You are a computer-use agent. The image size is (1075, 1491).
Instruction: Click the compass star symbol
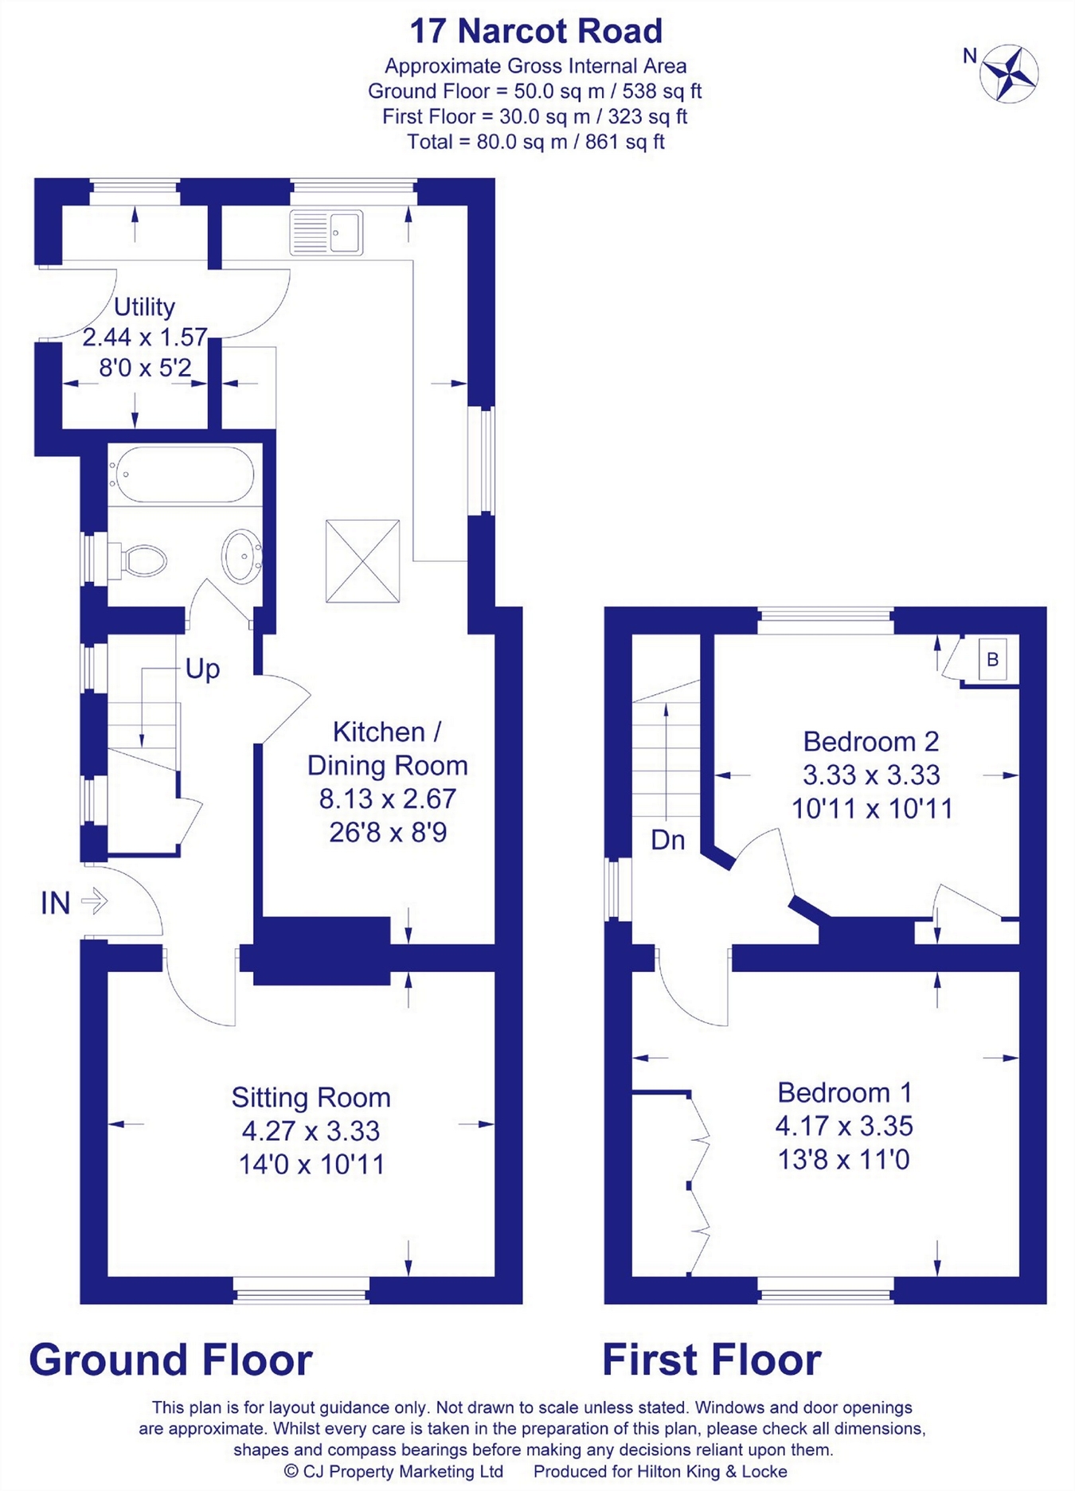tap(1009, 74)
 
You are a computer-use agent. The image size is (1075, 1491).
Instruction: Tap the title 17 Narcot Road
tap(536, 31)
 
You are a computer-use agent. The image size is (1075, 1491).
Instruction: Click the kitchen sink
tap(326, 232)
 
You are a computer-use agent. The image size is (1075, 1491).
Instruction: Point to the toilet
tap(137, 560)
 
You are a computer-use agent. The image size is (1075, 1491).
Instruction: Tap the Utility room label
tap(144, 306)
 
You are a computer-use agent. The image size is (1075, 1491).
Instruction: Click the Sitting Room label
tap(311, 1097)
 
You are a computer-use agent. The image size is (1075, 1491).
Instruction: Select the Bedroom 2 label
tap(871, 741)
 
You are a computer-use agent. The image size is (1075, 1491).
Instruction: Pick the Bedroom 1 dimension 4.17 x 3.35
tap(844, 1126)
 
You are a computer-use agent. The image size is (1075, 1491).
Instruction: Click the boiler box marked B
tap(992, 659)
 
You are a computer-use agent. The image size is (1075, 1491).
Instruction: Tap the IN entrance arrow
tap(94, 901)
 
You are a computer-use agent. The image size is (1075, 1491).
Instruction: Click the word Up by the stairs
tap(202, 669)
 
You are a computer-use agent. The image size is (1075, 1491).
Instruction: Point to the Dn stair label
tap(667, 840)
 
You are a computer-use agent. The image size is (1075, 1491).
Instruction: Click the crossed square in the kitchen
tap(362, 561)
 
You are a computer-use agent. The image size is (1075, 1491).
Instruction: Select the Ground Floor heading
tap(170, 1359)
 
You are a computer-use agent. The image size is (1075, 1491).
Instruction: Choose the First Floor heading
tap(711, 1359)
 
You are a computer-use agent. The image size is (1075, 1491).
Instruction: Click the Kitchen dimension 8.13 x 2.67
tap(388, 798)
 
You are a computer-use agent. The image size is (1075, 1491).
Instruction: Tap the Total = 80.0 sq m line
tap(536, 142)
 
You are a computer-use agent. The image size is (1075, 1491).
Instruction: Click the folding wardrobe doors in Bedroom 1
tap(698, 1184)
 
